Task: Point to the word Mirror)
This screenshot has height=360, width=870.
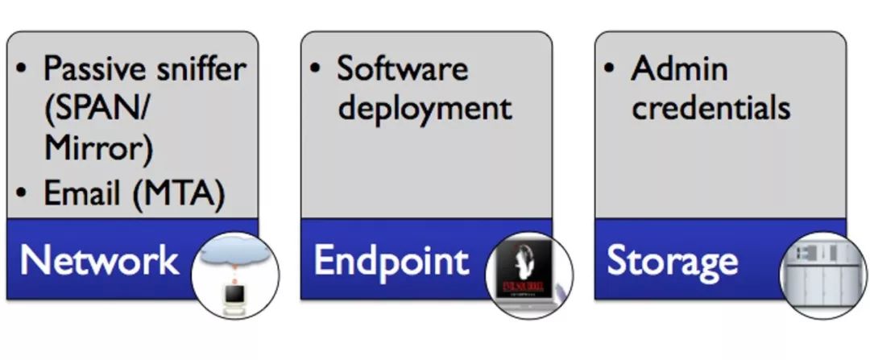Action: (x=98, y=150)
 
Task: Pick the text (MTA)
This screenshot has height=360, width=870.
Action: (x=177, y=195)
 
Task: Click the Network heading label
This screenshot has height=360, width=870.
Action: (x=99, y=260)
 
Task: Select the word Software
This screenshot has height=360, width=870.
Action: (x=402, y=68)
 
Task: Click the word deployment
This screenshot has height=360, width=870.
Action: (x=425, y=107)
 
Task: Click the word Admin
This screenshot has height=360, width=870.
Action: (x=679, y=68)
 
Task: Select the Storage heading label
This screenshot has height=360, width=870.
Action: (x=672, y=260)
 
